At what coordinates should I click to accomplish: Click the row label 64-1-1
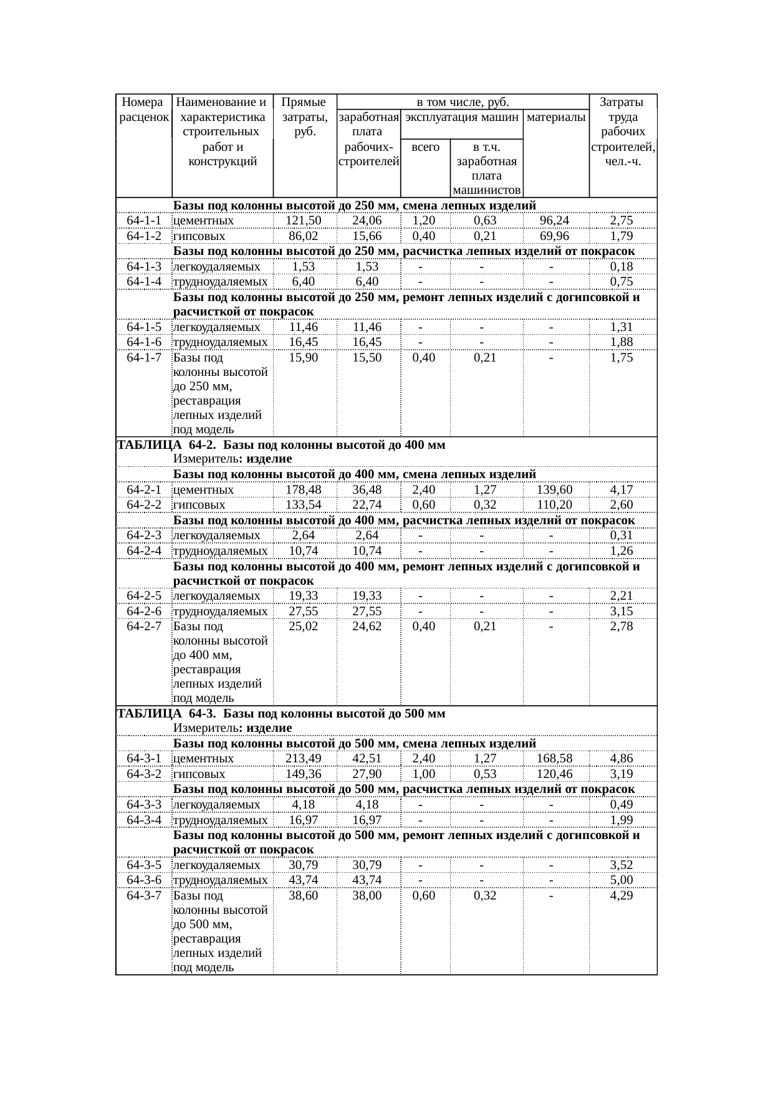click(144, 221)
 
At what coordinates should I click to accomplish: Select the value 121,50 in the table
click(304, 221)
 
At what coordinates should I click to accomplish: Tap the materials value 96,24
click(555, 221)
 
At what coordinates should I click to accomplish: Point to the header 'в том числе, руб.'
click(463, 102)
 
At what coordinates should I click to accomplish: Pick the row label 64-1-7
click(144, 358)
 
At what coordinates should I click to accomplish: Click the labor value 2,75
click(622, 221)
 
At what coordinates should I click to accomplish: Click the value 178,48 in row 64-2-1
click(304, 490)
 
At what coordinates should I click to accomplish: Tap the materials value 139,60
click(555, 490)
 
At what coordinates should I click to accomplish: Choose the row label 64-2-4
click(144, 551)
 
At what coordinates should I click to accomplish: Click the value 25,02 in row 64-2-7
click(304, 626)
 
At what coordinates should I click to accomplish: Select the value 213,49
click(304, 759)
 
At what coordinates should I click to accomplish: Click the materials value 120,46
click(555, 774)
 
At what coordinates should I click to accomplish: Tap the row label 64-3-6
click(144, 880)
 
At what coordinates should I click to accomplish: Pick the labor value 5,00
click(622, 880)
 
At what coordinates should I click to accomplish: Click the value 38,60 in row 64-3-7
click(304, 896)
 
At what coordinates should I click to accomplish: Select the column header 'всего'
click(426, 148)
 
